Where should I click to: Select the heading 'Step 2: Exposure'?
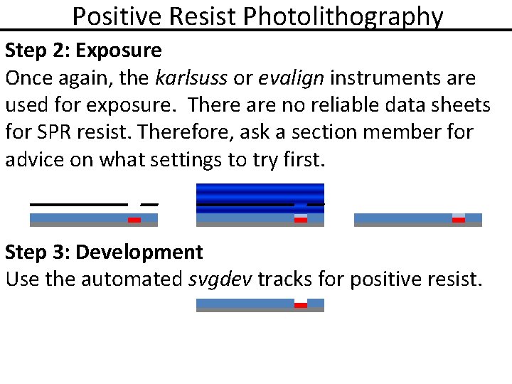(x=83, y=50)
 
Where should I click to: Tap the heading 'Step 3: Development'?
(x=104, y=252)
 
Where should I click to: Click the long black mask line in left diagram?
(x=78, y=204)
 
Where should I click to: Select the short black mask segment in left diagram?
(x=149, y=204)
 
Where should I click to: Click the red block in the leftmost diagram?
(x=134, y=220)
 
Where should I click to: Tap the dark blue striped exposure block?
(x=260, y=193)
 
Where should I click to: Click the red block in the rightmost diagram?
(x=459, y=220)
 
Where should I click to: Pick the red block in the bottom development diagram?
(x=301, y=306)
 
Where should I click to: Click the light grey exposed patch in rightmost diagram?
(x=459, y=215)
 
